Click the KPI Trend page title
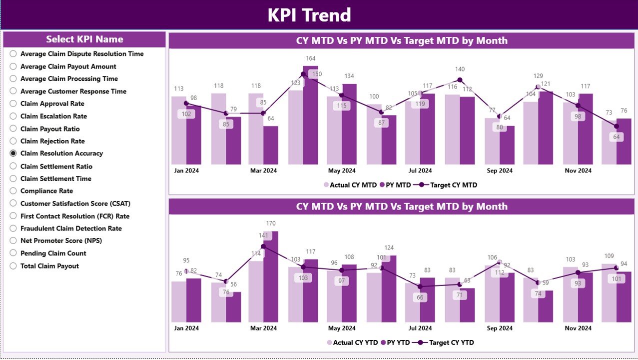pyautogui.click(x=309, y=15)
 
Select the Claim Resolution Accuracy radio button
pyautogui.click(x=13, y=153)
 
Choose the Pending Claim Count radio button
pyautogui.click(x=13, y=253)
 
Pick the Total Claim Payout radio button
pyautogui.click(x=13, y=266)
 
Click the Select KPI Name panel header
pyautogui.click(x=84, y=39)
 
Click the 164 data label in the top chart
pyautogui.click(x=311, y=58)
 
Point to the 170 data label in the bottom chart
pyautogui.click(x=271, y=223)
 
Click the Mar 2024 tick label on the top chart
pyautogui.click(x=263, y=170)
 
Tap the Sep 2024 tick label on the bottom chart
pyautogui.click(x=499, y=328)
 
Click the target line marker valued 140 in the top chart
pyautogui.click(x=460, y=80)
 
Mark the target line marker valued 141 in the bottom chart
pyautogui.click(x=263, y=246)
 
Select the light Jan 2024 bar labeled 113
pyautogui.click(x=179, y=130)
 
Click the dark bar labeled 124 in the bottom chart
pyautogui.click(x=389, y=288)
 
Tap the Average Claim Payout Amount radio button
pyautogui.click(x=13, y=66)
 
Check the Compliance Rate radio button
pyautogui.click(x=13, y=191)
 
